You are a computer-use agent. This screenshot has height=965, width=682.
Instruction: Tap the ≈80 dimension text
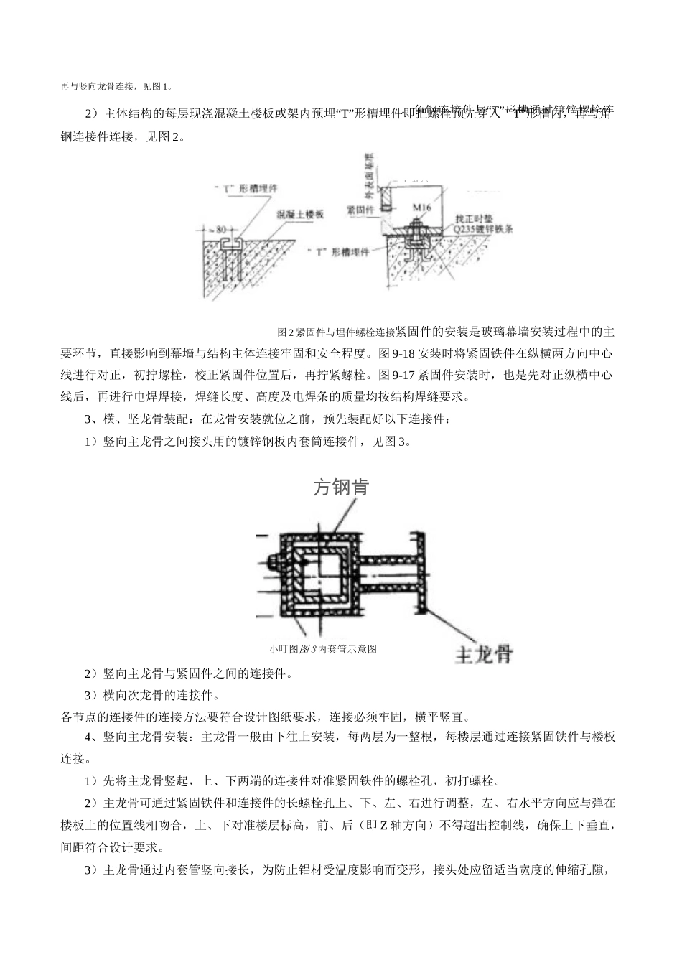click(x=216, y=230)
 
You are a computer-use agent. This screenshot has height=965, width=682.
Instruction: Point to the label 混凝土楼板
click(x=301, y=214)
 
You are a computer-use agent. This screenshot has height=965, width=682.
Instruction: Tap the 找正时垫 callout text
click(x=476, y=217)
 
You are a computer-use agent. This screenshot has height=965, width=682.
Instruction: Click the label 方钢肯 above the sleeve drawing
click(x=341, y=488)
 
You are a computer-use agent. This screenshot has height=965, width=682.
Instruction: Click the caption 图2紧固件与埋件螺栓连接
click(x=336, y=332)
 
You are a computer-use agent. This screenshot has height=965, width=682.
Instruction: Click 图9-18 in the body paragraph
click(x=395, y=353)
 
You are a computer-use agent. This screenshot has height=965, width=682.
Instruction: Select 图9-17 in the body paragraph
click(x=395, y=375)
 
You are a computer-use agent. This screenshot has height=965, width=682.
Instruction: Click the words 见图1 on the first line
click(x=157, y=86)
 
